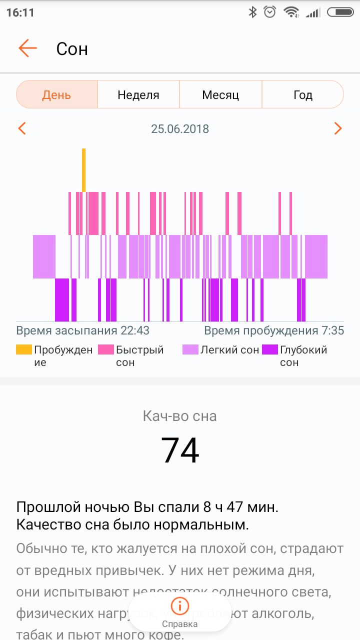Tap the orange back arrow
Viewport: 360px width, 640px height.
coord(28,48)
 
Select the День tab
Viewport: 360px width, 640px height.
coord(56,94)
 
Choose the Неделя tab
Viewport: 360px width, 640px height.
coord(138,94)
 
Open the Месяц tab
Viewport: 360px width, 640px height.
coord(220,94)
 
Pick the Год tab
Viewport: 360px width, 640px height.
coord(302,94)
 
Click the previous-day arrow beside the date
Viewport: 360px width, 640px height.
coord(21,128)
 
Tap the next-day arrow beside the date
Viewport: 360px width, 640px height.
coord(338,128)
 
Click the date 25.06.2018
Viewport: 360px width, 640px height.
coord(180,129)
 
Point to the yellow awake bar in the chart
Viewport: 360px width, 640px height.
coord(83,170)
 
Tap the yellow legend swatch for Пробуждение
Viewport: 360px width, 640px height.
coord(23,349)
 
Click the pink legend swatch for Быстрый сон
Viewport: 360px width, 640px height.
coord(105,349)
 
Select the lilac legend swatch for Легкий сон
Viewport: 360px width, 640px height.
coord(190,349)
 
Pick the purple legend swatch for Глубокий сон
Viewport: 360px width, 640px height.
coord(270,349)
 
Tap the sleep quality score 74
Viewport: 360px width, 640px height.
coord(180,450)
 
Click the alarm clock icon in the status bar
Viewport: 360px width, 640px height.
coord(270,12)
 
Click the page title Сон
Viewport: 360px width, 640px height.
coord(72,49)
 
